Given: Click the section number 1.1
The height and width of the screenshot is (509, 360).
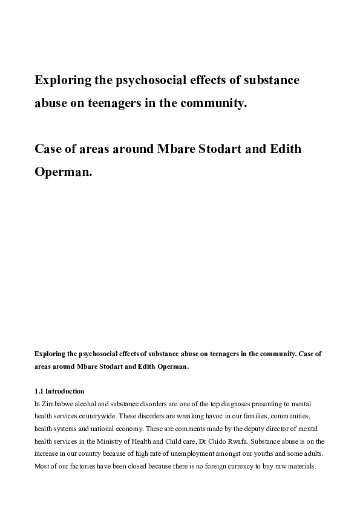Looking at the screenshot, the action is click(x=39, y=391).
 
